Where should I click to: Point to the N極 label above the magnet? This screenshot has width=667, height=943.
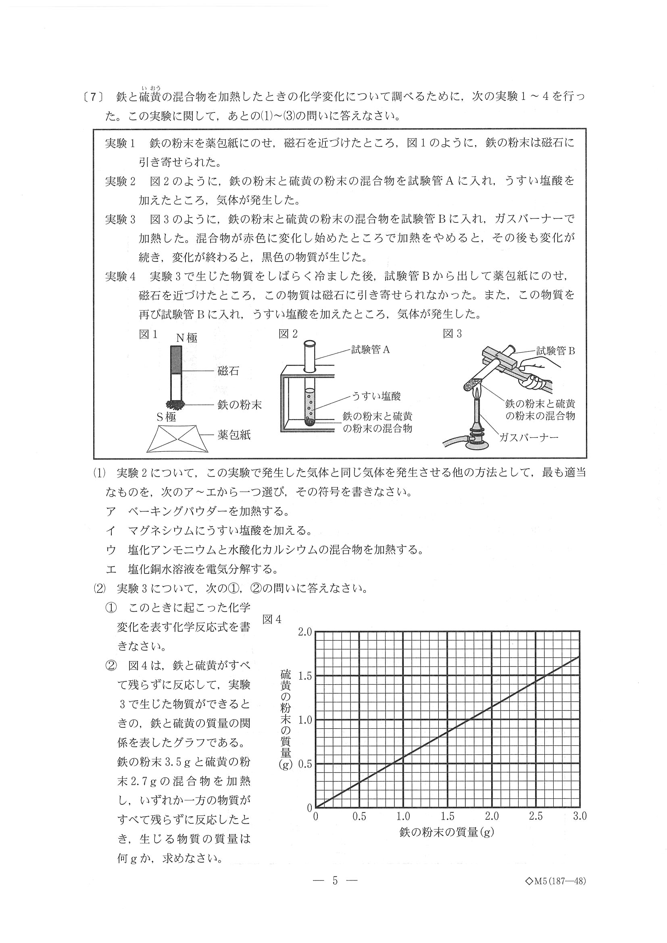(x=187, y=338)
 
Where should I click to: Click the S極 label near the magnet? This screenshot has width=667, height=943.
(x=166, y=417)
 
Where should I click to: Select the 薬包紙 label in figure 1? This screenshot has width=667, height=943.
(x=234, y=435)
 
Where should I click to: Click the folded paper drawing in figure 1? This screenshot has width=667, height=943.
(x=177, y=438)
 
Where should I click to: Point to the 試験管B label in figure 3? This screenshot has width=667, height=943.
(x=555, y=351)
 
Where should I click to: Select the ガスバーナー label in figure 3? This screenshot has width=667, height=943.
(x=529, y=437)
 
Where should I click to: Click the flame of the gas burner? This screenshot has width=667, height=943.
(x=477, y=394)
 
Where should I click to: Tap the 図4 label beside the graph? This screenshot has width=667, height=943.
(x=272, y=619)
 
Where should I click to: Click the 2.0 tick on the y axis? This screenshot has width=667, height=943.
(x=305, y=632)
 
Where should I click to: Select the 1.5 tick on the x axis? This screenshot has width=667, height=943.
(x=448, y=816)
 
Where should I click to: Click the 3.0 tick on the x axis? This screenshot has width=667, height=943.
(x=580, y=816)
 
